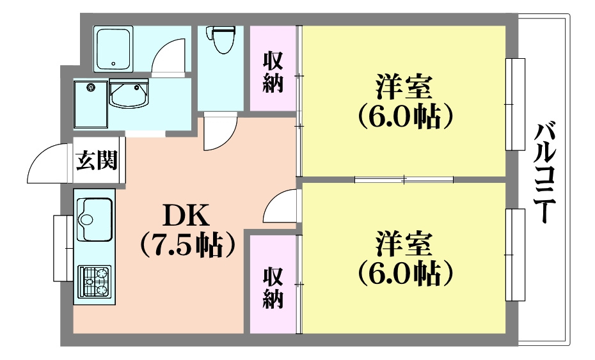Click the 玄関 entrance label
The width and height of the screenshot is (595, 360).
pyautogui.click(x=97, y=160)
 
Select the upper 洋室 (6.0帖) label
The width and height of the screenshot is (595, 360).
pyautogui.click(x=404, y=100)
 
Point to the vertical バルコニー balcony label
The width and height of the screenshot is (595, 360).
pyautogui.click(x=544, y=173)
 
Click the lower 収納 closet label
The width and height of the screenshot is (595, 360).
pyautogui.click(x=273, y=288)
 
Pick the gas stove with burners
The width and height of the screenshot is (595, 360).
pyautogui.click(x=95, y=282)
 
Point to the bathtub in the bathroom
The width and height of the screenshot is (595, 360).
pyautogui.click(x=113, y=48)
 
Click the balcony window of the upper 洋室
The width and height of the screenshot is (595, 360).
pyautogui.click(x=515, y=104)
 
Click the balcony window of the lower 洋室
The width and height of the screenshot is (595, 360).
pyautogui.click(x=515, y=254)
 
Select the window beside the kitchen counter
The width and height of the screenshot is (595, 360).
pyautogui.click(x=63, y=248)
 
